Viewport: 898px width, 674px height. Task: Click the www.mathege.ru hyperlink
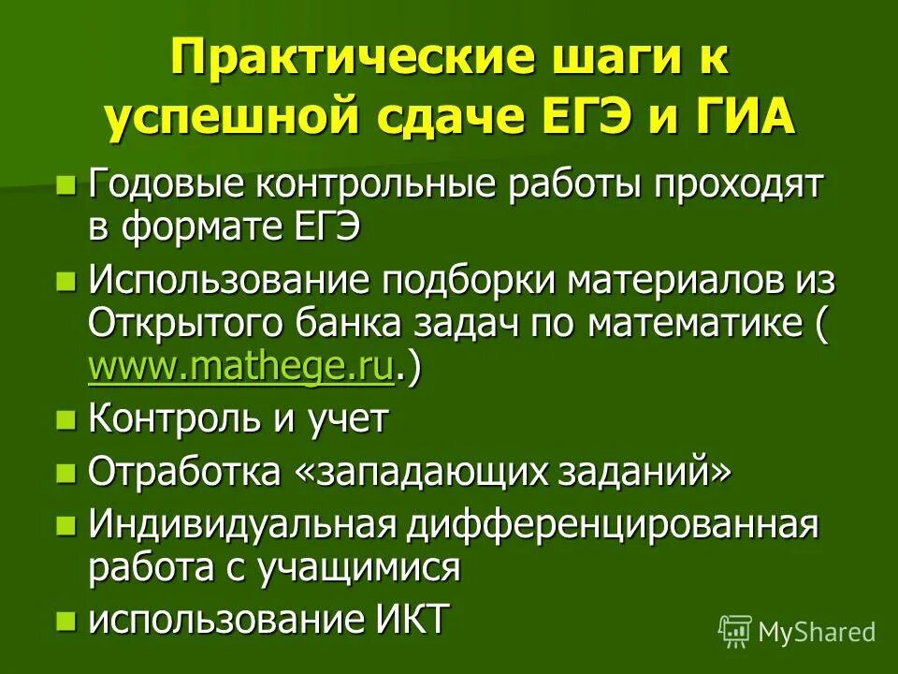[x=240, y=368]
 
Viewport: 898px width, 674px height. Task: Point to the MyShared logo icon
[x=734, y=631]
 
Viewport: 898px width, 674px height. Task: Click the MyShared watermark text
[x=817, y=632]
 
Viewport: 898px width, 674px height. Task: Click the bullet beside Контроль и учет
[x=65, y=420]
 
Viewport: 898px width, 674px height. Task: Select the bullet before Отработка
[x=65, y=473]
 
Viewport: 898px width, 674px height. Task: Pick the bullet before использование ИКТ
[x=65, y=620]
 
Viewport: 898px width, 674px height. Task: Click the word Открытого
[x=186, y=324]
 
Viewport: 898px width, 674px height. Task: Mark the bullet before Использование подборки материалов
[x=65, y=280]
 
